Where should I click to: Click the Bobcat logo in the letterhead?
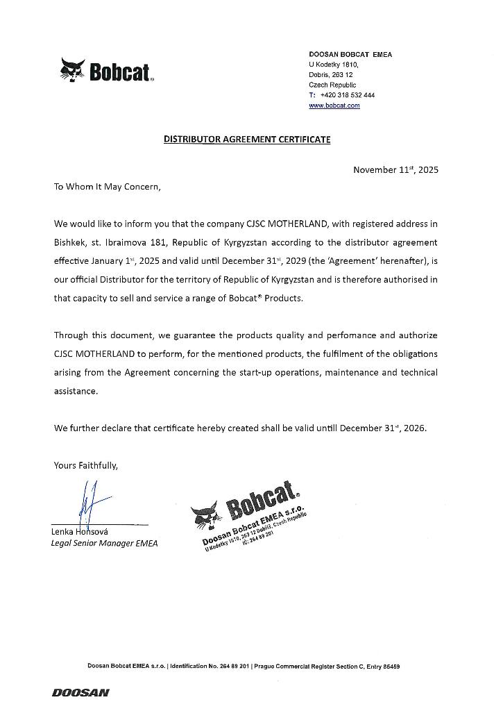107,70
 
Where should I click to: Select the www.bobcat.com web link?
334,106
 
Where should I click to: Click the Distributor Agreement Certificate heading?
247,140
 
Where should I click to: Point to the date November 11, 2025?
395,169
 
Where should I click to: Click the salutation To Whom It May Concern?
107,187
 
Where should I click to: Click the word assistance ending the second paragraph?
76,391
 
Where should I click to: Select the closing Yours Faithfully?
86,465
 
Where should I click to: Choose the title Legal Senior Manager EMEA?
104,543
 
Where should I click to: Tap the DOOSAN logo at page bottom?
80,692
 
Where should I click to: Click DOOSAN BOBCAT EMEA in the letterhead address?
350,54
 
